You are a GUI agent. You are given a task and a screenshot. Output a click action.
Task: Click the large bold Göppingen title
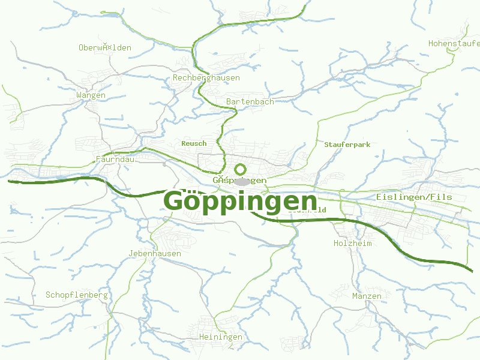click(240, 200)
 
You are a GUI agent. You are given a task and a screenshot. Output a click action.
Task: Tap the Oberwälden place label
click(105, 47)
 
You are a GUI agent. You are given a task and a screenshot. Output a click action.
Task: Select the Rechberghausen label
click(206, 77)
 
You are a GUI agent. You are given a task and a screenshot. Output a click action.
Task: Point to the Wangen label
click(91, 95)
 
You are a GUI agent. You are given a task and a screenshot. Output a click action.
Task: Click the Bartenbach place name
click(250, 101)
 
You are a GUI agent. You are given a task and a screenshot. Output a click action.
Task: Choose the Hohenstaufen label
click(454, 43)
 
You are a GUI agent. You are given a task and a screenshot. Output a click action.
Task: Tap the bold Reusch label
click(194, 143)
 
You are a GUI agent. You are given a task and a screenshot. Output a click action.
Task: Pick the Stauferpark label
click(347, 145)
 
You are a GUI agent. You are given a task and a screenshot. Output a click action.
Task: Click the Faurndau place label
click(115, 159)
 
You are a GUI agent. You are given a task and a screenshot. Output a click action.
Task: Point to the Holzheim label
click(353, 243)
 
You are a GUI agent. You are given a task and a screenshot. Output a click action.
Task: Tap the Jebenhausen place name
click(155, 253)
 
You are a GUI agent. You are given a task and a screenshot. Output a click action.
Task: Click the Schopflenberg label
click(77, 295)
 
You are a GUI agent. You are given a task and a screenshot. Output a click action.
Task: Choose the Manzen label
click(367, 296)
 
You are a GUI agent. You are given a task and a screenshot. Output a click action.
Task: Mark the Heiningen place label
click(221, 337)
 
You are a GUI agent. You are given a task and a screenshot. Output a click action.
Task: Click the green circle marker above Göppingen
click(241, 169)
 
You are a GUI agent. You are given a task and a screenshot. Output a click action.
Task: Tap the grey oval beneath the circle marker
click(242, 181)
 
